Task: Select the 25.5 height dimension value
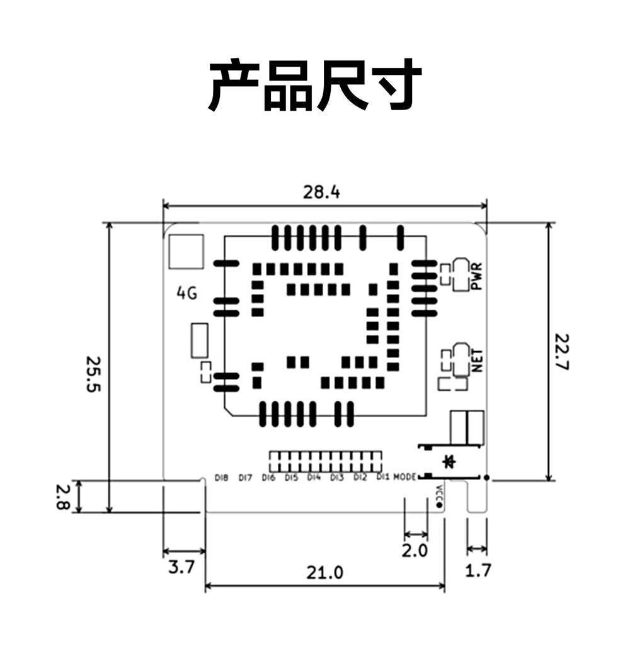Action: click(93, 374)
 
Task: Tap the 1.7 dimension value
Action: click(477, 571)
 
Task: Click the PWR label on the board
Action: click(476, 276)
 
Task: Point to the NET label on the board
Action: click(477, 361)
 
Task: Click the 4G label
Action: click(186, 293)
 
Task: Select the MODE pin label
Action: click(404, 478)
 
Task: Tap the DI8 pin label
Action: click(221, 478)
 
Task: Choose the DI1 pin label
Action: click(382, 478)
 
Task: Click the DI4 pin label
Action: click(314, 478)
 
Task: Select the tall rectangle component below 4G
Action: click(200, 341)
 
